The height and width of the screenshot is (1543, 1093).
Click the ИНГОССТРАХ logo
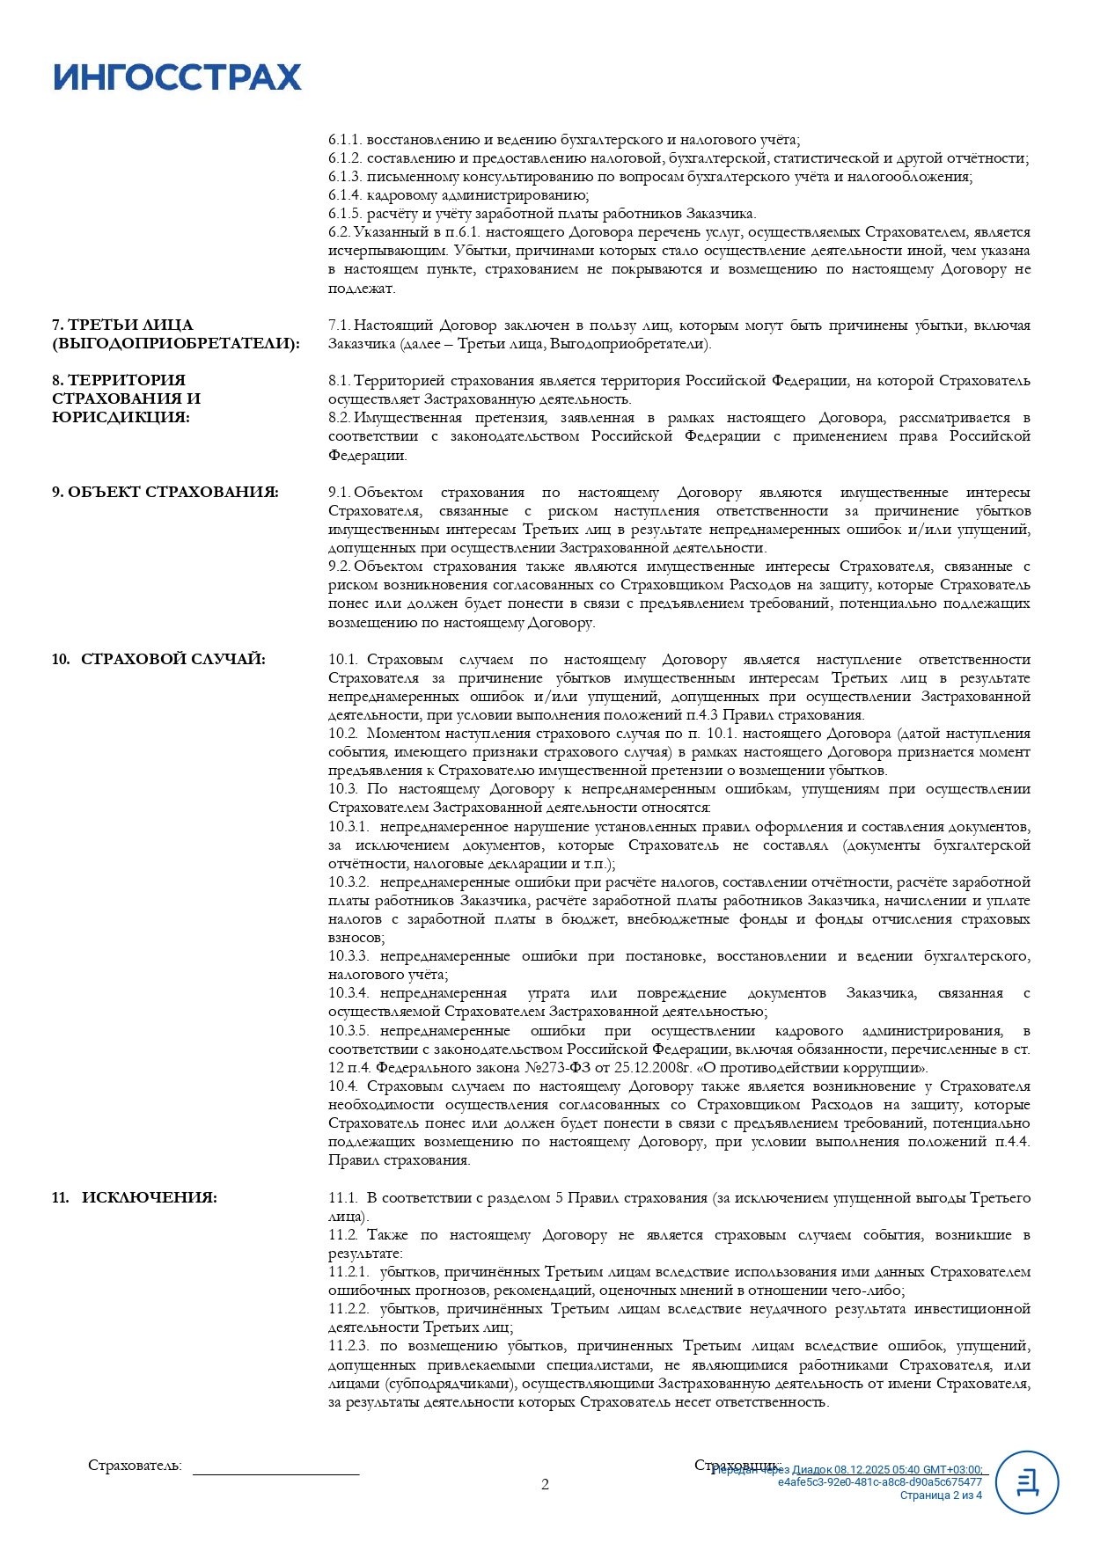(x=177, y=77)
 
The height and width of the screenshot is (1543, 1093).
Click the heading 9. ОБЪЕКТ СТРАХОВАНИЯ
(x=165, y=493)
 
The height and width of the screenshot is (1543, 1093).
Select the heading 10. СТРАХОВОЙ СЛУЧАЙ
(x=158, y=660)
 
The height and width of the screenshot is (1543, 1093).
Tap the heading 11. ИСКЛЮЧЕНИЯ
(x=135, y=1198)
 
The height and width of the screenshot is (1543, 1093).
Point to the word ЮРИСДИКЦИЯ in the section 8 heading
(x=121, y=418)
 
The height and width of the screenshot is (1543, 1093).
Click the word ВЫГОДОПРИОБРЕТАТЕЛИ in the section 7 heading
(x=175, y=344)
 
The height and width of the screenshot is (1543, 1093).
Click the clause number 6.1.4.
(x=344, y=195)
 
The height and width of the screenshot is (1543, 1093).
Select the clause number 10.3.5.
(x=348, y=1031)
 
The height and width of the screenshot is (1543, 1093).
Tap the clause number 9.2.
(x=339, y=567)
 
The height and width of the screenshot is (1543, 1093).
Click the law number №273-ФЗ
(x=544, y=1068)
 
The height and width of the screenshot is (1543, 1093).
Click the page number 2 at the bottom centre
(x=545, y=1485)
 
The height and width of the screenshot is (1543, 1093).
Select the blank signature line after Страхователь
(x=275, y=1471)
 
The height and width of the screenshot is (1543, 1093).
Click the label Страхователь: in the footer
(x=135, y=1466)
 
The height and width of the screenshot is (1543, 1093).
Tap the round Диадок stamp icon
(x=1026, y=1482)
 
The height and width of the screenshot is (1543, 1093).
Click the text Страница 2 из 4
(x=940, y=1495)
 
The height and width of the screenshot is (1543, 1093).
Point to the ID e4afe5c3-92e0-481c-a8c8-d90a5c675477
(x=879, y=1482)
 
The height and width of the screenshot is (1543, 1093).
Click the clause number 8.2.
(x=339, y=418)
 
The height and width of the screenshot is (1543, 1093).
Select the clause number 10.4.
(x=343, y=1086)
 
